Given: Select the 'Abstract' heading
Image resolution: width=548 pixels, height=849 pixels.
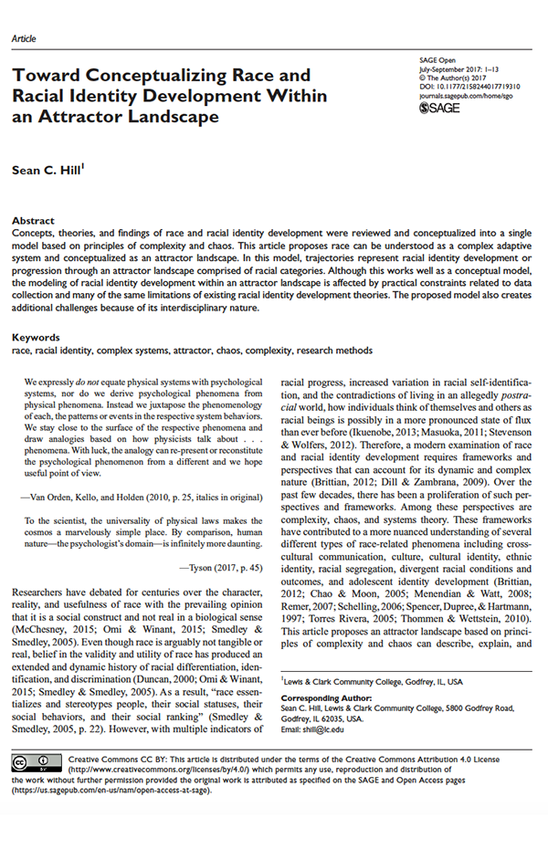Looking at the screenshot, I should (33, 221).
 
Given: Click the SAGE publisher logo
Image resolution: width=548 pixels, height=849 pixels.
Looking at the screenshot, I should (437, 109).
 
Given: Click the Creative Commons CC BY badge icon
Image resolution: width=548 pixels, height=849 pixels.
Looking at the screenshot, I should (37, 761).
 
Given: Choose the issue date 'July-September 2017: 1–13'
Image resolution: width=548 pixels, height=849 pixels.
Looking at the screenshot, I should (461, 68).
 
